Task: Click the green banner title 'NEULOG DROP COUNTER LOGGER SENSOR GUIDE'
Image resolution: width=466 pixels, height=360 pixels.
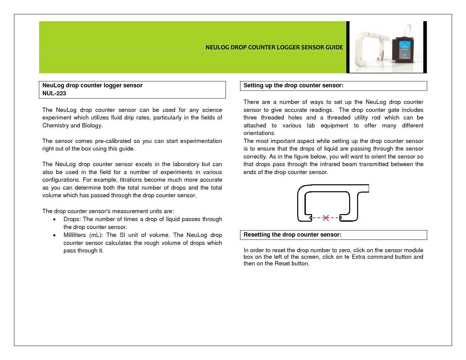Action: [x=274, y=47]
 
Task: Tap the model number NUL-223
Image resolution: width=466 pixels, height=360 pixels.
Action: [x=54, y=93]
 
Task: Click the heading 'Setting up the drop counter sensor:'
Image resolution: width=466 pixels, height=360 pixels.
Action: [x=293, y=85]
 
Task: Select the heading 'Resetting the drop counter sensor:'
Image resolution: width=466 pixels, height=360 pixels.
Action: [x=292, y=235]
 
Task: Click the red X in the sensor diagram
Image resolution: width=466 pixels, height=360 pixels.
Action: [x=326, y=218]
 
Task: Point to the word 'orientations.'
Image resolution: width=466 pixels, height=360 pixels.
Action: [x=259, y=133]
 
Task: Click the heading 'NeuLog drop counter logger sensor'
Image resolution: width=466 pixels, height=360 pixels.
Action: [x=92, y=85]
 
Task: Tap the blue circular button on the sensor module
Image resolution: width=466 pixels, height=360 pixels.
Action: [x=405, y=55]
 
